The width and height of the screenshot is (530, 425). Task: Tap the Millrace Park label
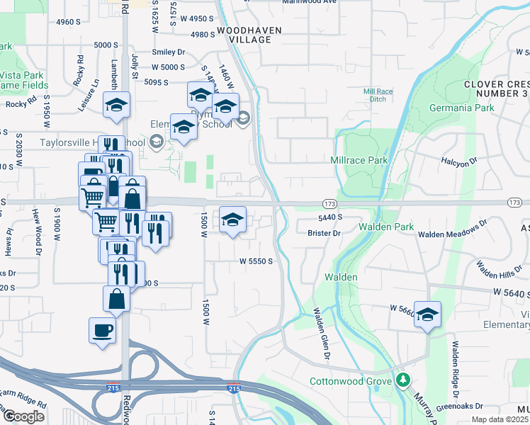tap(359, 160)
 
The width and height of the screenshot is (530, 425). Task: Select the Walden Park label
tap(385, 227)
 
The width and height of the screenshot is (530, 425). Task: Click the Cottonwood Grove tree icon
tap(404, 380)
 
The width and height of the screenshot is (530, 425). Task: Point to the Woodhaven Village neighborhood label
tap(249, 35)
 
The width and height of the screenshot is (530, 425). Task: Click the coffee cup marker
tap(102, 330)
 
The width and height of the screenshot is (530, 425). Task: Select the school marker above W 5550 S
tap(232, 220)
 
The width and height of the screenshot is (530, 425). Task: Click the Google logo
tap(23, 416)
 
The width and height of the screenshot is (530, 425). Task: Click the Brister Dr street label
tap(325, 232)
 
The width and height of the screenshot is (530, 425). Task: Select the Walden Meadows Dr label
tap(452, 229)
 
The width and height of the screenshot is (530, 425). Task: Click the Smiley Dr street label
tap(168, 52)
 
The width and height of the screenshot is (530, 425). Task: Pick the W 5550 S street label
tap(256, 261)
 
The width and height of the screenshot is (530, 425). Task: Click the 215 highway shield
tap(233, 388)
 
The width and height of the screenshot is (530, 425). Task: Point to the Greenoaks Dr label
tap(461, 407)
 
